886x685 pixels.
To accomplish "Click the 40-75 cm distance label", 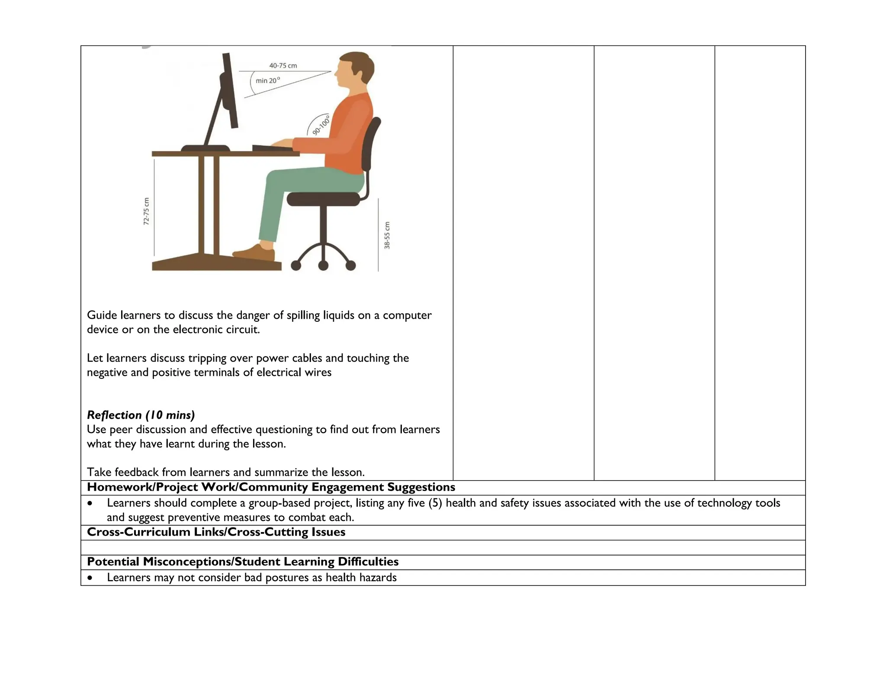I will tap(283, 66).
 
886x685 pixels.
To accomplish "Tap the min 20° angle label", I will tap(267, 81).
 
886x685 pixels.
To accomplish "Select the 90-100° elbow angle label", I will tap(321, 126).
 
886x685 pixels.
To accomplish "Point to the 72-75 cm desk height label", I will tap(146, 211).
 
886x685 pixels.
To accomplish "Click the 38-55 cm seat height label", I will tap(387, 235).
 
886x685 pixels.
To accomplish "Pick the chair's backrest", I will tap(372, 143).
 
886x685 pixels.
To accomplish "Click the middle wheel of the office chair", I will tap(323, 265).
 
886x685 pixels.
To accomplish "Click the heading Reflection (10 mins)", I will tap(141, 415).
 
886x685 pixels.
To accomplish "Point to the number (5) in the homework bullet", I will tap(435, 503).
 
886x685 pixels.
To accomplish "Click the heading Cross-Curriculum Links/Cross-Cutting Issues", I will tap(216, 532).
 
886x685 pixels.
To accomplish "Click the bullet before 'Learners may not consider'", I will tap(90, 578).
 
